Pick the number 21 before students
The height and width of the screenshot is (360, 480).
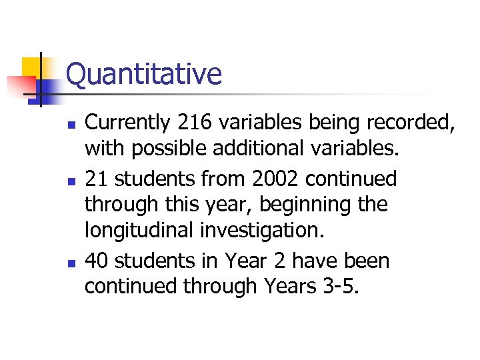click(96, 179)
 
